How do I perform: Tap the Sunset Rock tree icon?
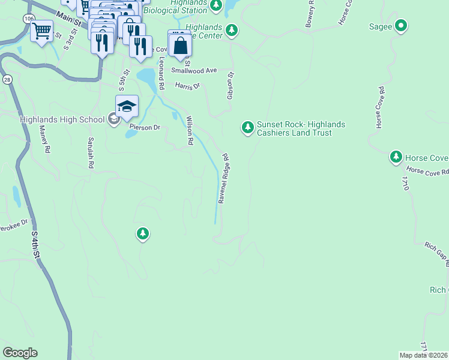coord(247,127)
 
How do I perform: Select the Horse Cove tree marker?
coord(396,157)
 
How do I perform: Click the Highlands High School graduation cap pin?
coord(127,106)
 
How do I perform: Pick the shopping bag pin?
coord(180,44)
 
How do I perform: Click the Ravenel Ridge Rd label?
coord(224,179)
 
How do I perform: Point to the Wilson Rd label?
coord(190,130)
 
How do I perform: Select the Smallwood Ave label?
coord(194,70)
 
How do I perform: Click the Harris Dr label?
coord(187,86)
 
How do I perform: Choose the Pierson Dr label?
coord(145,127)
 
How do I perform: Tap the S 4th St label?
coord(36,245)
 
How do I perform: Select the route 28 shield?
coord(7,79)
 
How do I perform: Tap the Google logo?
coord(20,353)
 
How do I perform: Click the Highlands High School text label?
coord(62,119)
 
